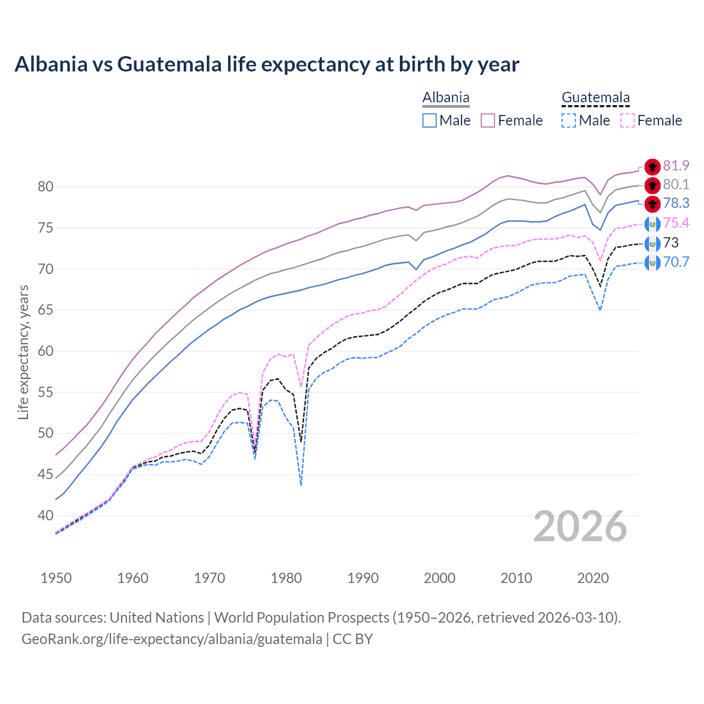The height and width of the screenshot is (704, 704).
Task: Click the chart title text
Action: coord(267,64)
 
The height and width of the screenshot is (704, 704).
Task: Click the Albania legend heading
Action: coord(446,98)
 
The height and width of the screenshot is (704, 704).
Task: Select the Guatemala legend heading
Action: coord(595,98)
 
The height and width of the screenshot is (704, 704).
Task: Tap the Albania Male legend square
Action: coord(430,120)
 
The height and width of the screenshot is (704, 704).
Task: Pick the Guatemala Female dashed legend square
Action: coord(628,120)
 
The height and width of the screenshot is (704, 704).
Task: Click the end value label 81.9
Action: coord(676,166)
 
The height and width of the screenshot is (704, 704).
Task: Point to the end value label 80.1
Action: coord(676,184)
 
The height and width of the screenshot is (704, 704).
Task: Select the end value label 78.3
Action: coord(676,203)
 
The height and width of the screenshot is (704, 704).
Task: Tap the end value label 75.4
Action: coord(676,223)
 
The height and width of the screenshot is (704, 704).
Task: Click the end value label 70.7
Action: coord(676,262)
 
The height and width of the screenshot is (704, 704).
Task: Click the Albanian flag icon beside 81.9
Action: coord(652,167)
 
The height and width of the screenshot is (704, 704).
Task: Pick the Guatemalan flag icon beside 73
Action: coord(652,243)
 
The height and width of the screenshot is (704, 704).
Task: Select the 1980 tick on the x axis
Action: coord(286,578)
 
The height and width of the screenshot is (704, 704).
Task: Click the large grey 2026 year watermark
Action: coord(580,527)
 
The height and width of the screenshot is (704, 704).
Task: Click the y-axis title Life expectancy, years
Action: coord(23,352)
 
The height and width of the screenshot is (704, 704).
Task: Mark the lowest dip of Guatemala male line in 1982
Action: coord(301,485)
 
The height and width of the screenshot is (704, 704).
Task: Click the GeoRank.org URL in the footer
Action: coord(172,639)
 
